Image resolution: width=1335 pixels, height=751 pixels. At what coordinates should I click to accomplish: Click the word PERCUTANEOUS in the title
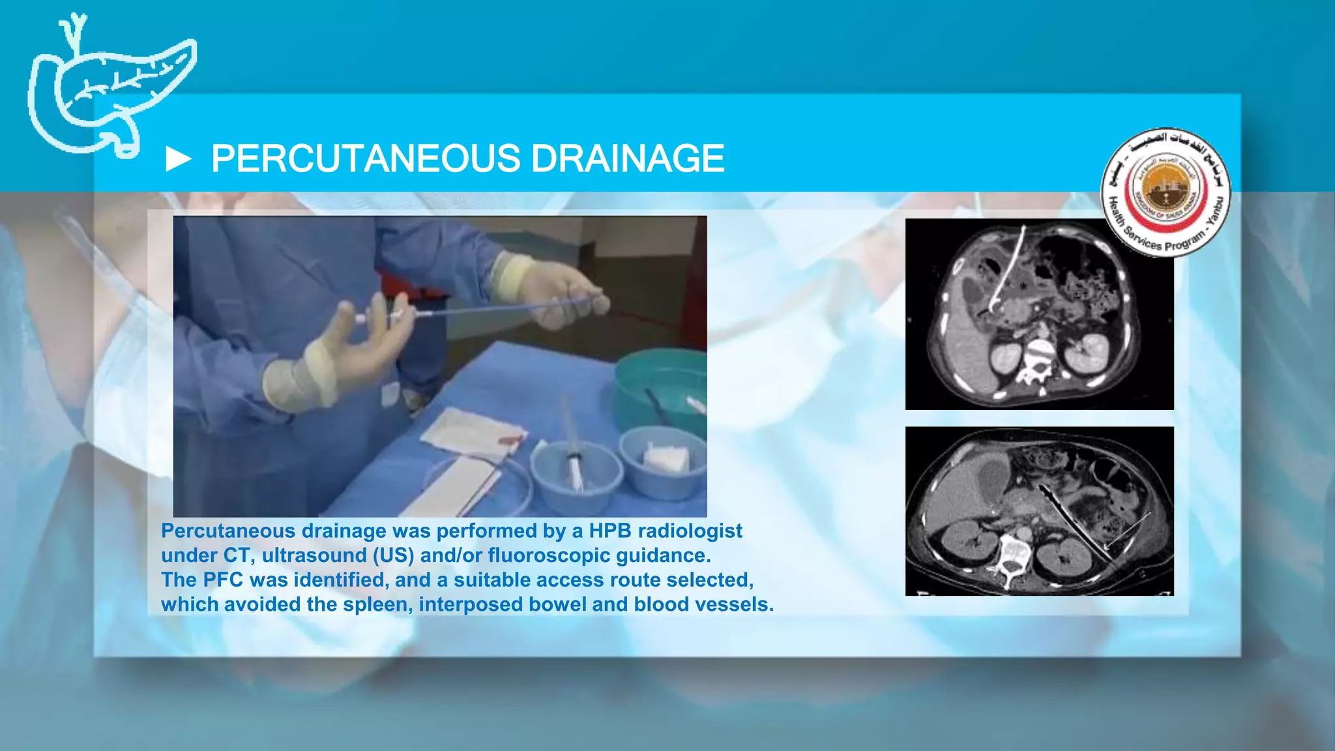point(365,158)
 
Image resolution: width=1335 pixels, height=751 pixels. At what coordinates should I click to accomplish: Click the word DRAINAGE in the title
point(627,158)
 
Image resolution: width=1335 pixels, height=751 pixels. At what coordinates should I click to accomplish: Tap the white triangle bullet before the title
point(178,159)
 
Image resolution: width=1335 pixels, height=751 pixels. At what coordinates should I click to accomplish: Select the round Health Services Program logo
point(1166,192)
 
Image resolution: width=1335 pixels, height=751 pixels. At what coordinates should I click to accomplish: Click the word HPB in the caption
point(610,531)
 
